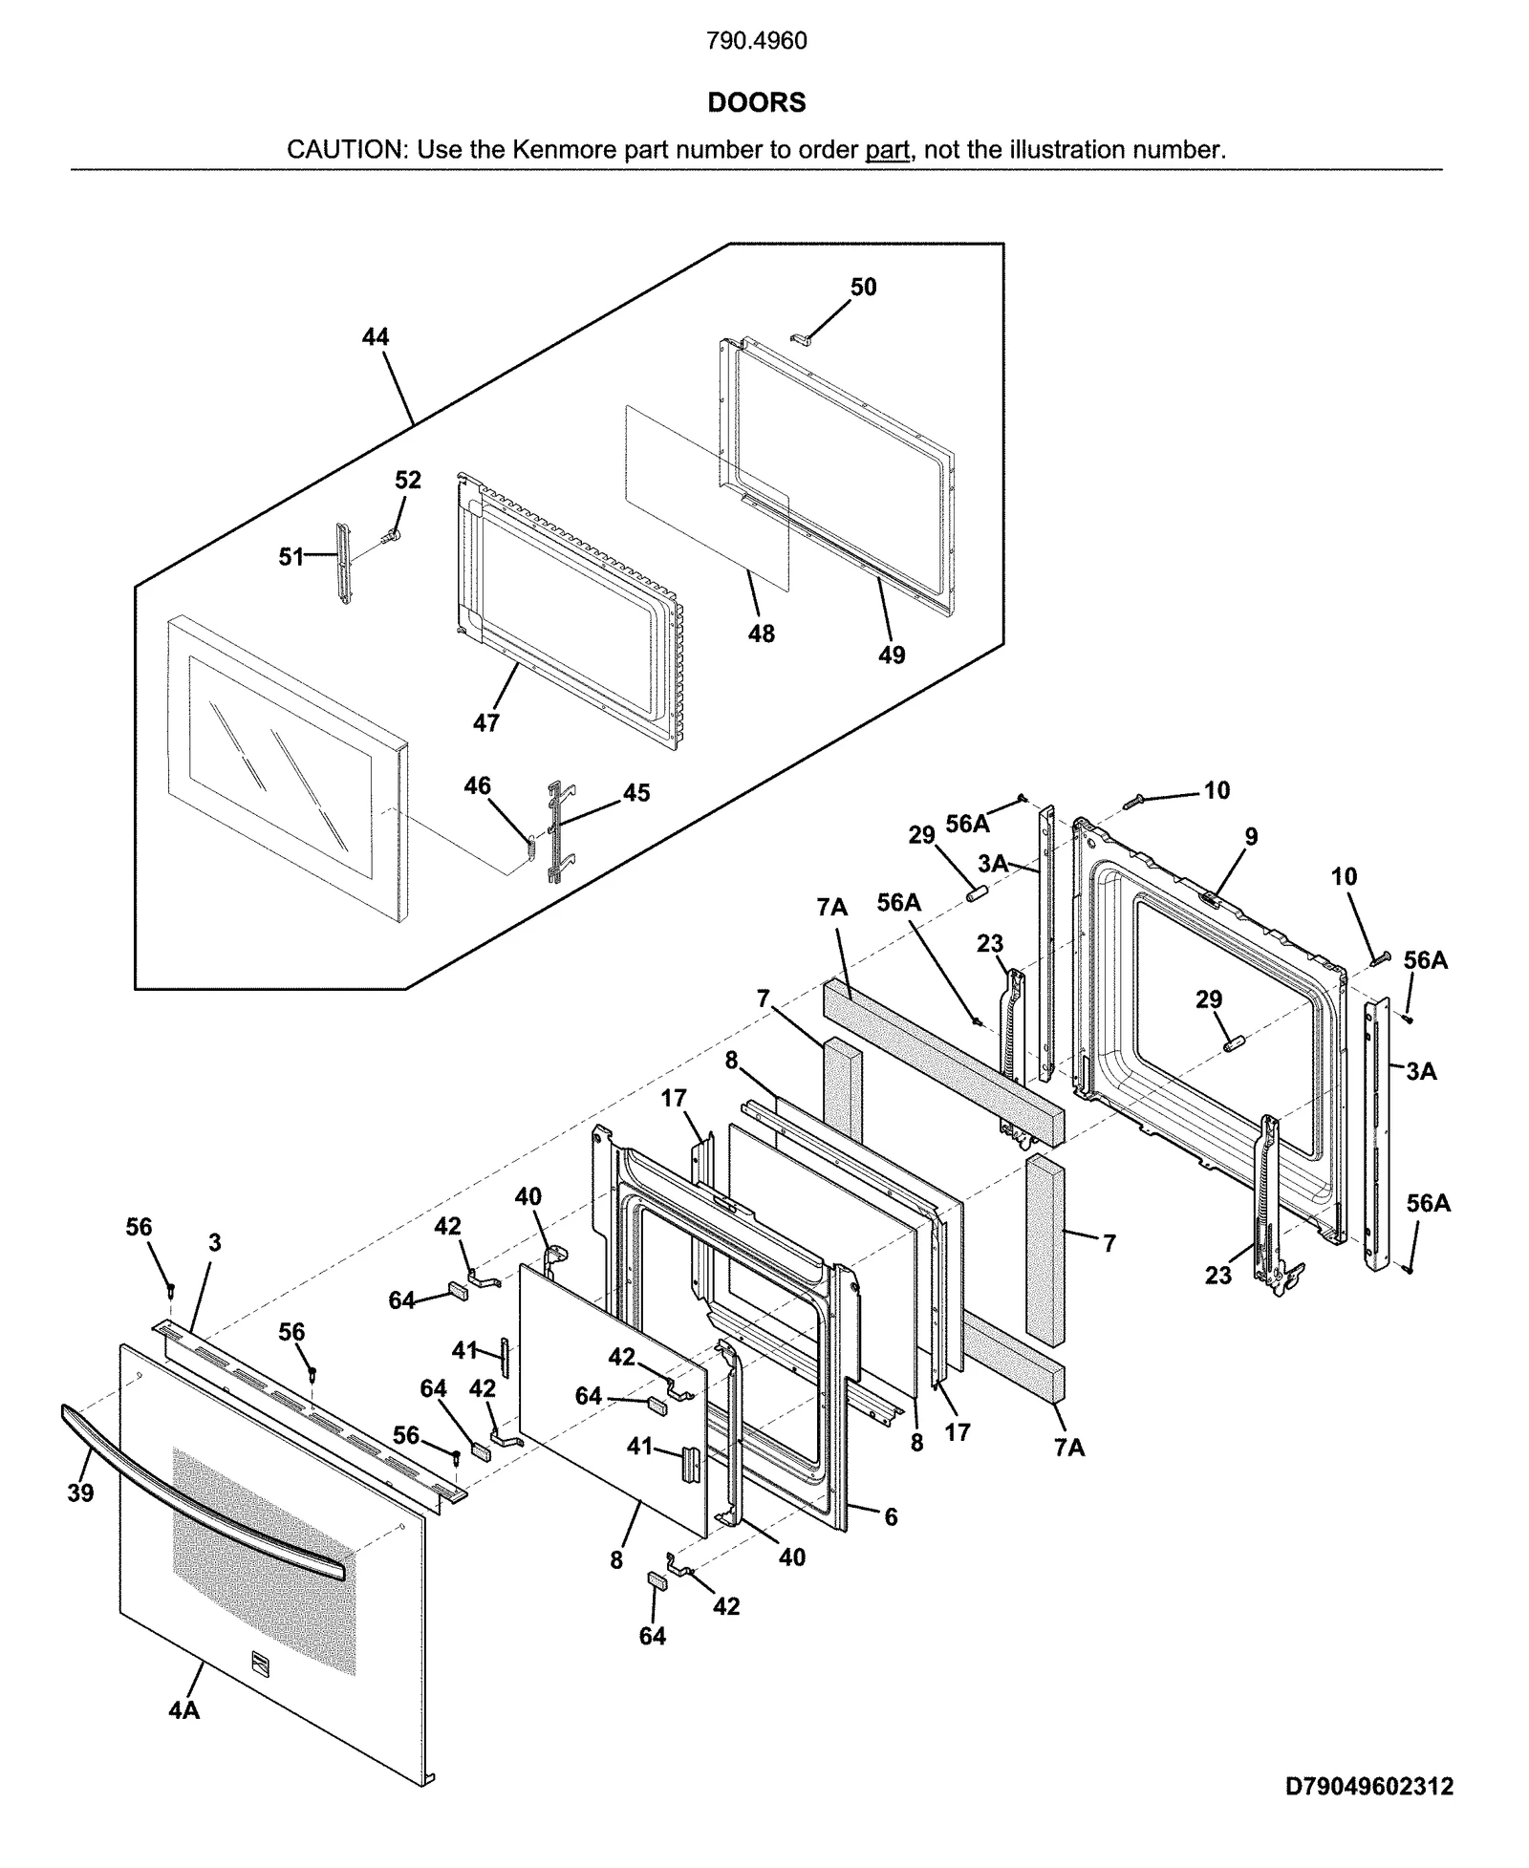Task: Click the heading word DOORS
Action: pos(756,102)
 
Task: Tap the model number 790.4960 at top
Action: pos(756,41)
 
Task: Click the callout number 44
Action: pos(376,336)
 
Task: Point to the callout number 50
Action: pos(863,287)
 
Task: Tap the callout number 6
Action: pos(891,1516)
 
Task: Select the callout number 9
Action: pos(1251,837)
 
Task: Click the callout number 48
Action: pos(761,633)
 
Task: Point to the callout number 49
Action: pos(891,655)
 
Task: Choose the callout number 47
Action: pos(485,723)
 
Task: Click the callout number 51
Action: pos(291,556)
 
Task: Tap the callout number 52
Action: pos(408,480)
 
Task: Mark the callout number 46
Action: pos(477,785)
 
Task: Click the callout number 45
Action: pos(636,792)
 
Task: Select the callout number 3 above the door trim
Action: pos(215,1242)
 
